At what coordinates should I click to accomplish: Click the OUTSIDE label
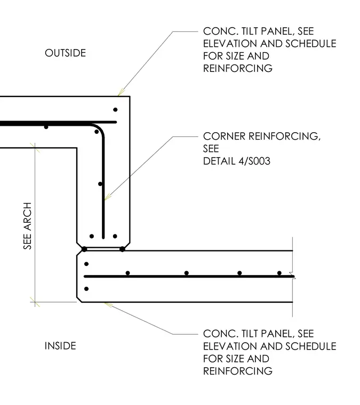(x=66, y=53)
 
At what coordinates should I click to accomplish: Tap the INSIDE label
(x=60, y=346)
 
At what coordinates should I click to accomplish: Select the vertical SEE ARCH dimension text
(x=27, y=226)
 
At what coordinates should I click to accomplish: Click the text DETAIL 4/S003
(x=237, y=161)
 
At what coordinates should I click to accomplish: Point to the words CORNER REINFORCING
(x=261, y=136)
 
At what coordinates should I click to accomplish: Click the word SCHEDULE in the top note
(x=310, y=44)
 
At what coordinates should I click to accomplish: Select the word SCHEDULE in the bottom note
(x=310, y=346)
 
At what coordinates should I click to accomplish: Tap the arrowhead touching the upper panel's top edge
(x=121, y=93)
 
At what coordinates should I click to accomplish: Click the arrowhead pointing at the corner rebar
(x=107, y=197)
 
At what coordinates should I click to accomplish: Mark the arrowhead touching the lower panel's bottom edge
(x=108, y=305)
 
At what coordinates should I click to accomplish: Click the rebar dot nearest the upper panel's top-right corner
(x=115, y=110)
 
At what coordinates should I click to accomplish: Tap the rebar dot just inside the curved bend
(x=97, y=132)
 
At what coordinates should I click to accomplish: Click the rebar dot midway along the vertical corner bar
(x=100, y=184)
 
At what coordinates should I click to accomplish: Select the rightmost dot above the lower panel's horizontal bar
(x=279, y=273)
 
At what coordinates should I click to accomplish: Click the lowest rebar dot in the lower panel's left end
(x=86, y=289)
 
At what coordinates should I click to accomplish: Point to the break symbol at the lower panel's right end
(x=293, y=276)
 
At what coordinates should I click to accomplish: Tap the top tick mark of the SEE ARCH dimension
(x=35, y=148)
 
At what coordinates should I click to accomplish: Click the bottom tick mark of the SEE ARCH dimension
(x=35, y=302)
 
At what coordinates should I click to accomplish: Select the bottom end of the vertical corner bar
(x=103, y=238)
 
